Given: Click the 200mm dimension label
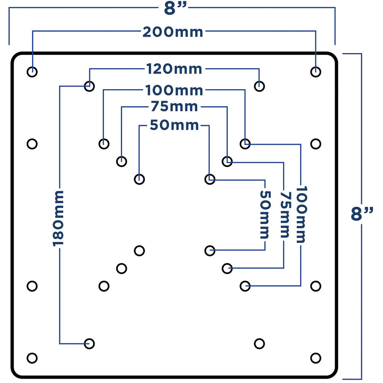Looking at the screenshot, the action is point(173,32).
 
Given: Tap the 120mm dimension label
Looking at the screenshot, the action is point(174,69).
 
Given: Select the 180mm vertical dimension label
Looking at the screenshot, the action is point(58,218).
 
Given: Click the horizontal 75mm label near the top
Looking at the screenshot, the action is point(174,107).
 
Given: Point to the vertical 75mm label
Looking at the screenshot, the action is point(285,215).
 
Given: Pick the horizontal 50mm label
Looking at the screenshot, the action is point(174,125).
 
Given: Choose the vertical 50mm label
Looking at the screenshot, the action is point(265,215).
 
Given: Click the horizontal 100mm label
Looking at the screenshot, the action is point(174,90).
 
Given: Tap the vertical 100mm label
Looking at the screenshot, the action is point(301,215).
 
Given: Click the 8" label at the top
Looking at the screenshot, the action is point(175,8).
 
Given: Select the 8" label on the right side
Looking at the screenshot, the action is point(362,214).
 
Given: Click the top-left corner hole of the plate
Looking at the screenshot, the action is point(32,72).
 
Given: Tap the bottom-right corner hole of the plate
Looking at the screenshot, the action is point(316,358).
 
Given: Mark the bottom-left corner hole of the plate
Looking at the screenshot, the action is point(32,358).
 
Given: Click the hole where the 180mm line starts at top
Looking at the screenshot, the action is point(89,86).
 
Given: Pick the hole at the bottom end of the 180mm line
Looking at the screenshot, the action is point(89,344).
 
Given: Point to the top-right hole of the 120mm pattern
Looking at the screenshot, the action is point(259,86).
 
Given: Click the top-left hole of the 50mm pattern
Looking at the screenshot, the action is point(139,179).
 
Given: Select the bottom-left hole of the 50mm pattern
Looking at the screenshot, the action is point(139,250).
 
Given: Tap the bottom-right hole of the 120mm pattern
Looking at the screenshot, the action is point(259,344).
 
